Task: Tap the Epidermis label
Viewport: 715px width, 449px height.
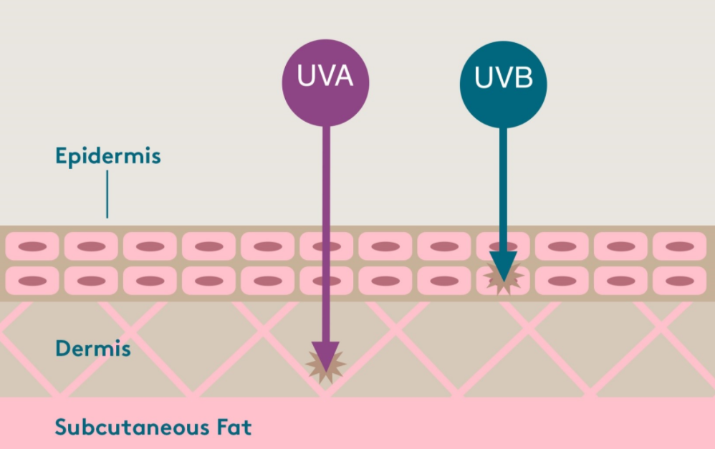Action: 107,156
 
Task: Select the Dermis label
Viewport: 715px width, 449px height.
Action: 93,349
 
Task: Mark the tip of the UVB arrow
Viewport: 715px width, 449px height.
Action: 503,281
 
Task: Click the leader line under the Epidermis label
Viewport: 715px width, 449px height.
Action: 107,193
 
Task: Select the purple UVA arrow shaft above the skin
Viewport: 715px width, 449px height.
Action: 326,172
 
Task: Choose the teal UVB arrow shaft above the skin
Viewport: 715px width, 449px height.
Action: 503,172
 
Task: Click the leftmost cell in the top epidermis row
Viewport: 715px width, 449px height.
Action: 32,246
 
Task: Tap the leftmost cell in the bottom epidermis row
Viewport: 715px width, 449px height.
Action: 32,281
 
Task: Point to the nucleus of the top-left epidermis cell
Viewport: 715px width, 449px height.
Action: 32,246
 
